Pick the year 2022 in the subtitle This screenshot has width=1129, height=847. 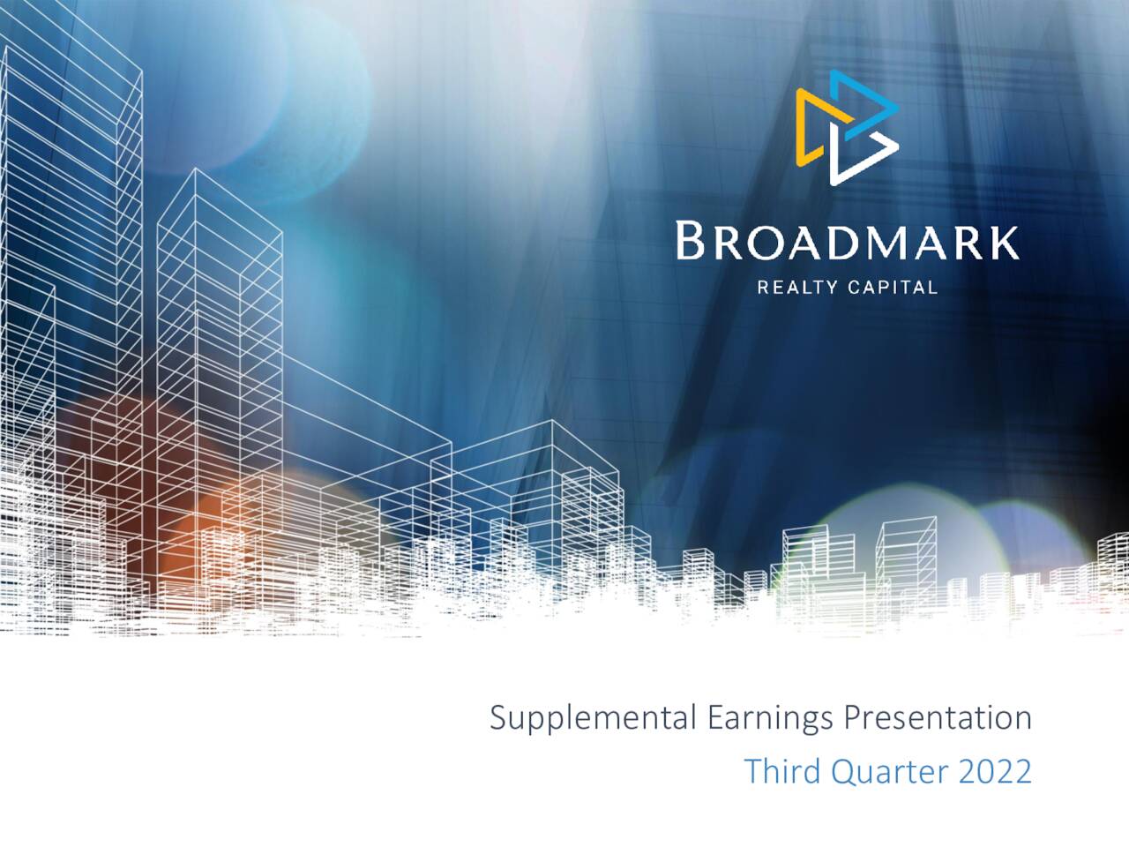994,771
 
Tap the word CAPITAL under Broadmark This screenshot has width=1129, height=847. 893,287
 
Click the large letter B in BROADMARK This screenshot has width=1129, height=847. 690,241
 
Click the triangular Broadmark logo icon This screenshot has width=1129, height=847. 847,128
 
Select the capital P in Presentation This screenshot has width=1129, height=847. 853,718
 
